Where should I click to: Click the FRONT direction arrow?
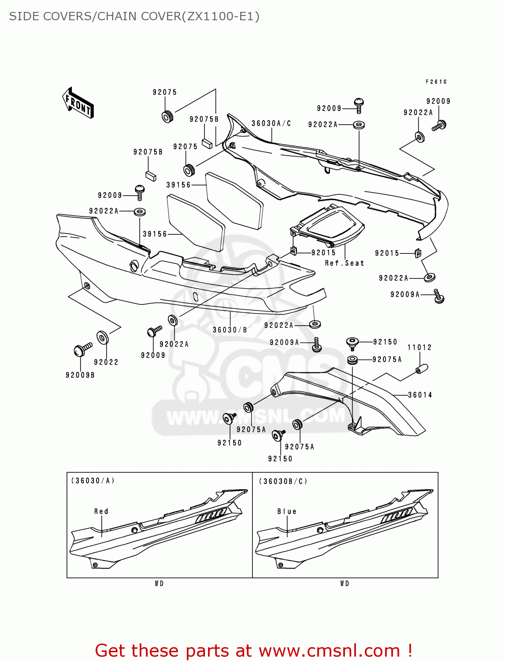pyautogui.click(x=78, y=103)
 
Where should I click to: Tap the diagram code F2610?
pyautogui.click(x=436, y=82)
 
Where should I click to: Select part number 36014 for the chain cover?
pyautogui.click(x=420, y=395)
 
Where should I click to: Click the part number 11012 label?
pyautogui.click(x=420, y=347)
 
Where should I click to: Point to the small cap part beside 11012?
pyautogui.click(x=422, y=368)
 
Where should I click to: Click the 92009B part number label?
pyautogui.click(x=80, y=375)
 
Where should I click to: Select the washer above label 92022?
pyautogui.click(x=103, y=338)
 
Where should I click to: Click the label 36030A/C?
pyautogui.click(x=271, y=123)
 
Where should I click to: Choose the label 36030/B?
pyautogui.click(x=230, y=330)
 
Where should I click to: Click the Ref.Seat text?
pyautogui.click(x=345, y=263)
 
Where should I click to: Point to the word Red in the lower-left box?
pyautogui.click(x=101, y=511)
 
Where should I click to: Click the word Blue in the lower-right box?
pyautogui.click(x=287, y=511)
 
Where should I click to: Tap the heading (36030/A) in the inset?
pyautogui.click(x=93, y=481)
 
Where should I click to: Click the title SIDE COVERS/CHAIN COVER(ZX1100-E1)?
pyautogui.click(x=134, y=16)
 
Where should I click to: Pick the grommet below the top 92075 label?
pyautogui.click(x=167, y=117)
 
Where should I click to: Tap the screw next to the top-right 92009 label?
pyautogui.click(x=439, y=125)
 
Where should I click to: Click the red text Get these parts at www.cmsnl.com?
pyautogui.click(x=254, y=650)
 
